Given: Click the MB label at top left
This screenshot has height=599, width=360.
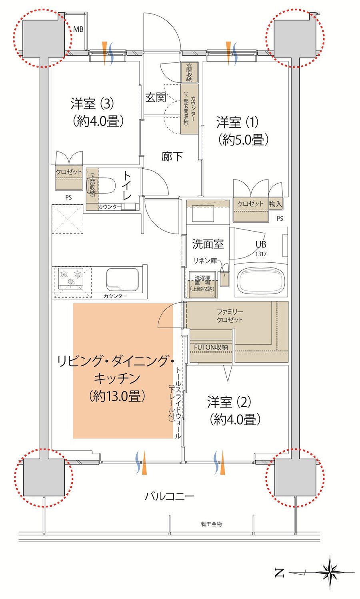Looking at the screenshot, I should click(78, 30).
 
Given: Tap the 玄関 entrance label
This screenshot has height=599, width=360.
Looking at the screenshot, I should click(155, 97).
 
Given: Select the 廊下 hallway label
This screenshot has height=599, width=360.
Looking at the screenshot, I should click(172, 156).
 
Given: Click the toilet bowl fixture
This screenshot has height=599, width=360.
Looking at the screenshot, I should click(102, 186).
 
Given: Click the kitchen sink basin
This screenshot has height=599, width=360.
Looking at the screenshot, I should click(122, 279).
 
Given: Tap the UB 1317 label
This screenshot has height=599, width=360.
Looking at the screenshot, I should click(261, 248).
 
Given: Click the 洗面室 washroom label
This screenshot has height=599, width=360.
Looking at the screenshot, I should click(208, 244).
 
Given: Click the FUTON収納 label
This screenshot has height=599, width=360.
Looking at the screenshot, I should click(211, 347).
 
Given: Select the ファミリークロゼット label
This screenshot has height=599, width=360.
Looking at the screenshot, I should click(230, 315).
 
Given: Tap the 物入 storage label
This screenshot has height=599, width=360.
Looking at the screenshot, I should click(275, 204).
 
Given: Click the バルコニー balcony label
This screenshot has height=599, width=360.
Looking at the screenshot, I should click(169, 497).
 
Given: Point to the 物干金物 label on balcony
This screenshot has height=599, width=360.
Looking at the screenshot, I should click(211, 524).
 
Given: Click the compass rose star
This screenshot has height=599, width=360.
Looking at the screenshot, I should click(330, 572).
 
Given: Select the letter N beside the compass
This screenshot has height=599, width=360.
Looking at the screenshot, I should click(280, 573).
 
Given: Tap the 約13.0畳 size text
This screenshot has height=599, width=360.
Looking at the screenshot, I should click(116, 396).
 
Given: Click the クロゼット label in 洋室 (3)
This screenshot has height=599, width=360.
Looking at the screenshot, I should click(69, 172).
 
